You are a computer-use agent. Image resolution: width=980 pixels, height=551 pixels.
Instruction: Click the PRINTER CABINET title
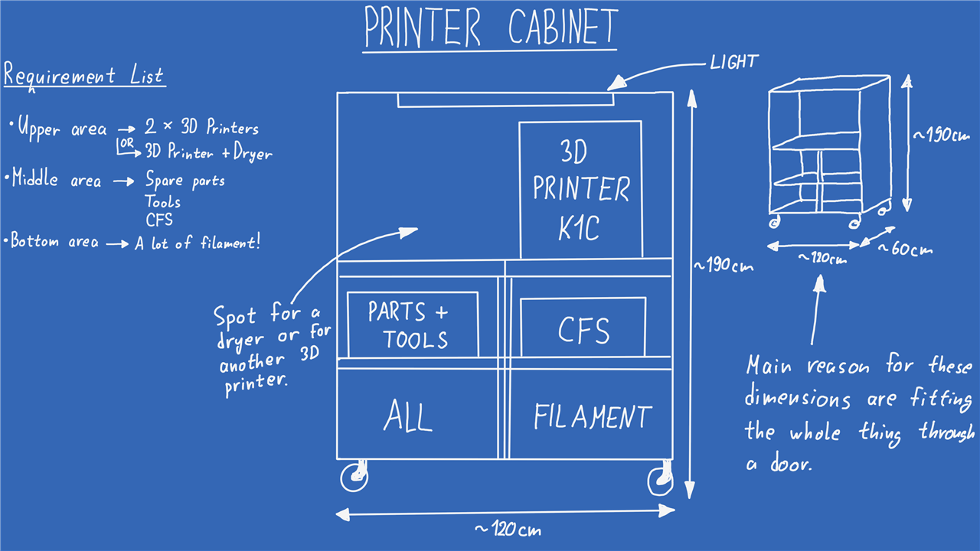[490, 27]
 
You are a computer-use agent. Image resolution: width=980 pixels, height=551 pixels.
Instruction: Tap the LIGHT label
[733, 63]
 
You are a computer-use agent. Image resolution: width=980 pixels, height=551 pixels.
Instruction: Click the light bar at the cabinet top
[505, 99]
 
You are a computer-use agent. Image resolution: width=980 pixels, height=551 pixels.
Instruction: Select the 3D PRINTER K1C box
[580, 190]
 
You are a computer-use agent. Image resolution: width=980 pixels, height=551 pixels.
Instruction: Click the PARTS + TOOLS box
[413, 324]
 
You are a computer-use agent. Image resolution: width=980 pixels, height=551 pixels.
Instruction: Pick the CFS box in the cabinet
[583, 329]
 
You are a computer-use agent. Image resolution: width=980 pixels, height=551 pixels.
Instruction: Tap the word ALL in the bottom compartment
[408, 417]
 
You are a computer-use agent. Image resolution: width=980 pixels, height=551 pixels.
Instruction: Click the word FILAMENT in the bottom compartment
[592, 417]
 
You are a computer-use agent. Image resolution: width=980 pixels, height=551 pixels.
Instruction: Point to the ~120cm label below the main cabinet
[508, 530]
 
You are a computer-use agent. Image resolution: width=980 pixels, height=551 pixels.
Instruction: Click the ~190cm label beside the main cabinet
[724, 266]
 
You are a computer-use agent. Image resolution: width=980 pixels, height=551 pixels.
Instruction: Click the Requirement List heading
[83, 77]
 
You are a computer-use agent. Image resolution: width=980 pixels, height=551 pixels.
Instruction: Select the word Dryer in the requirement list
[253, 153]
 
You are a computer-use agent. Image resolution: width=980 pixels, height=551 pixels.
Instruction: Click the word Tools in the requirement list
[163, 202]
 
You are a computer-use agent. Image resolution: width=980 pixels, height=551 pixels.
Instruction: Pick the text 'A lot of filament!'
[198, 243]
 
